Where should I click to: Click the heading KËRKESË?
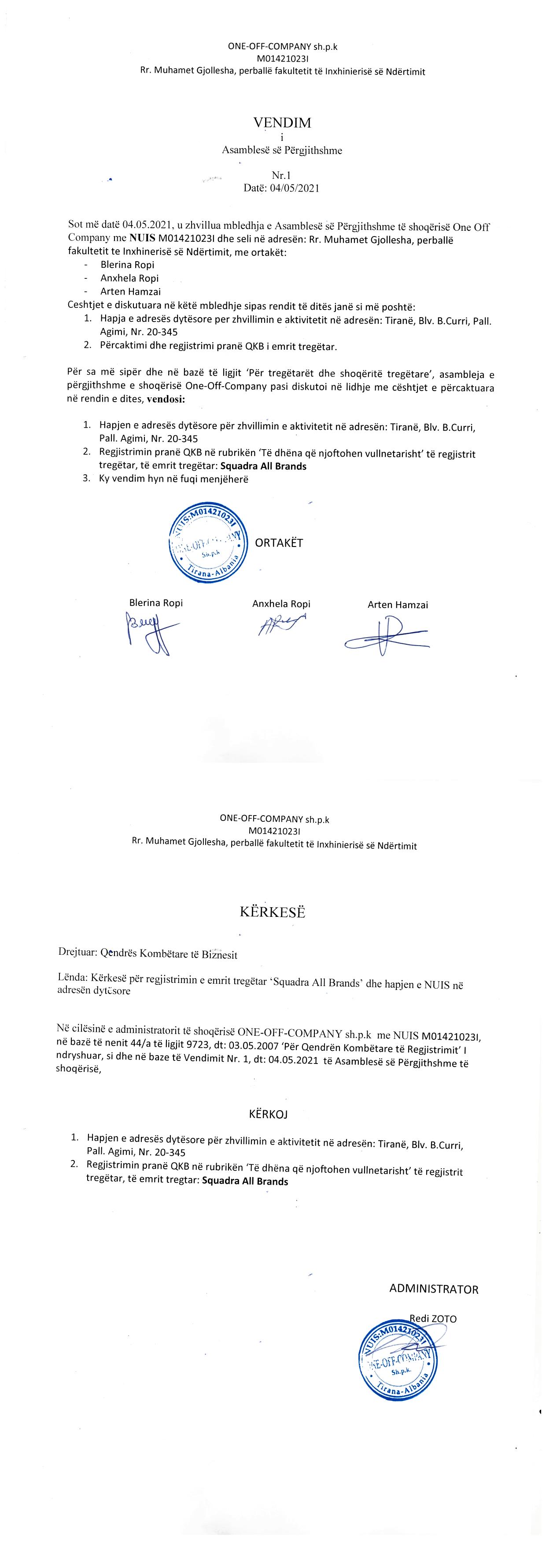(x=273, y=912)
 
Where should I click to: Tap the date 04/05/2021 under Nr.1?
(x=294, y=188)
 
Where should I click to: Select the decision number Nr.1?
(x=280, y=176)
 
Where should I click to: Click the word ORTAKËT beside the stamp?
(x=279, y=543)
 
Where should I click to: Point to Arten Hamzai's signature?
(x=387, y=637)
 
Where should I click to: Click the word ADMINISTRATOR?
(x=433, y=1289)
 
